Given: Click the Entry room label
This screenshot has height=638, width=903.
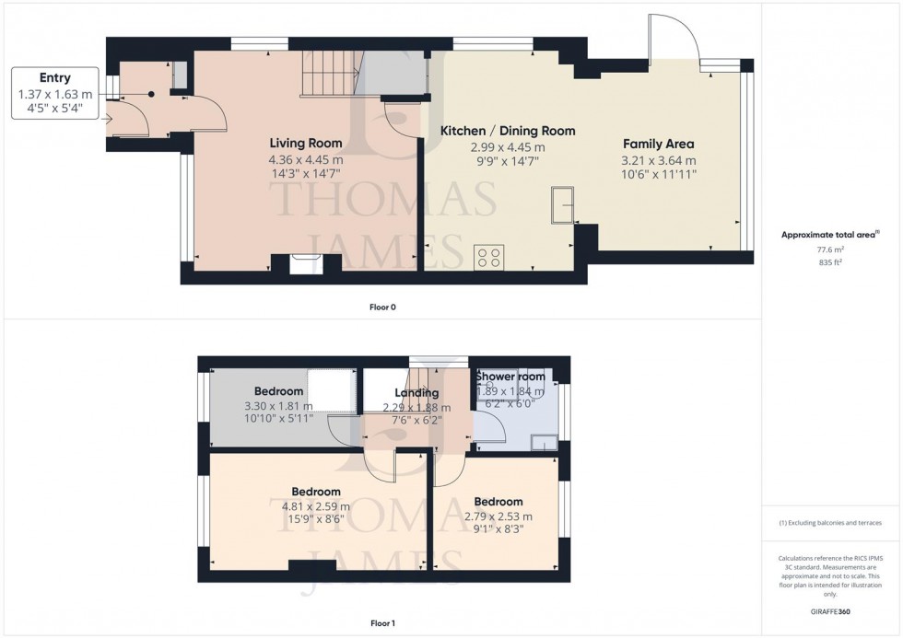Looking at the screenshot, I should click(55, 78).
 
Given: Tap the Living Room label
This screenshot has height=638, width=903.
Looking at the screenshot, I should click(306, 144).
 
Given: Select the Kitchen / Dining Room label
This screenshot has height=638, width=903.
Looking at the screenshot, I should click(507, 132).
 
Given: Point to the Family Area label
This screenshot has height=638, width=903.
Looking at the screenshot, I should click(658, 145).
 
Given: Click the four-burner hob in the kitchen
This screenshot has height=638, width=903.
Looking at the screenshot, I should click(488, 257).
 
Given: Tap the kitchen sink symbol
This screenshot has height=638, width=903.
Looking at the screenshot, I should click(561, 205).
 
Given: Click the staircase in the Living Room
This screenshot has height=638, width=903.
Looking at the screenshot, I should click(329, 73).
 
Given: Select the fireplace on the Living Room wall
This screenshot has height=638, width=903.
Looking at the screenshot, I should click(304, 262).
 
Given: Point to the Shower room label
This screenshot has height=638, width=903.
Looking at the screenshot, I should click(510, 377).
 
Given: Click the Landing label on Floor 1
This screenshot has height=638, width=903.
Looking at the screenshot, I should click(416, 393).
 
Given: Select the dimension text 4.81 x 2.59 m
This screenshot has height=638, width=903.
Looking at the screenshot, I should click(316, 506).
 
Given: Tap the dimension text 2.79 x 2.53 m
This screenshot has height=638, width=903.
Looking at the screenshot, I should click(498, 516).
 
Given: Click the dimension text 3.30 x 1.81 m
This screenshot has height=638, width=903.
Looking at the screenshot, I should click(278, 406).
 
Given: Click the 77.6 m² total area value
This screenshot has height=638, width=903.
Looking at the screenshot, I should click(831, 249).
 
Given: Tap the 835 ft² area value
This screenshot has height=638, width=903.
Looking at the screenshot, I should click(831, 262).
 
